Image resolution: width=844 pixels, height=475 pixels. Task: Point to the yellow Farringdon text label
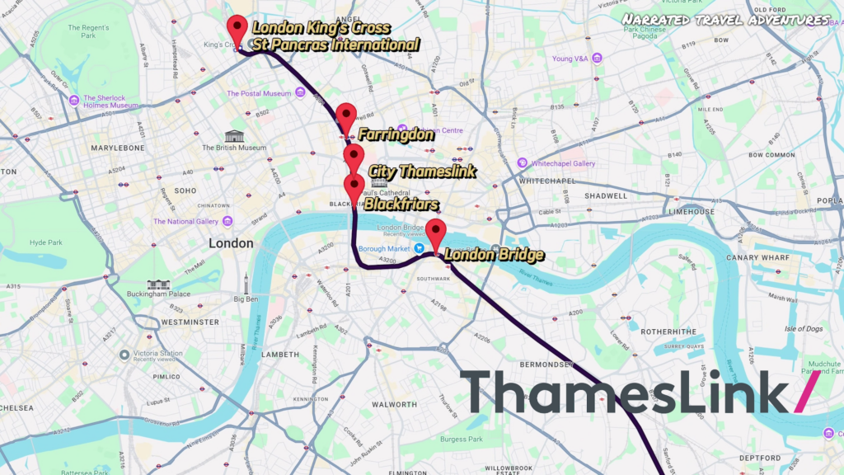396,134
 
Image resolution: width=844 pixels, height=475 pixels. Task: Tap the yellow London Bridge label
494,255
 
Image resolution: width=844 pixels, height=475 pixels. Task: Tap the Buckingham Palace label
158,294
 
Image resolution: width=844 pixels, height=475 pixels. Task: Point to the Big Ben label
246,299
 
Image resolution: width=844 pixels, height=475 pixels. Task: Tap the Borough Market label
384,247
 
